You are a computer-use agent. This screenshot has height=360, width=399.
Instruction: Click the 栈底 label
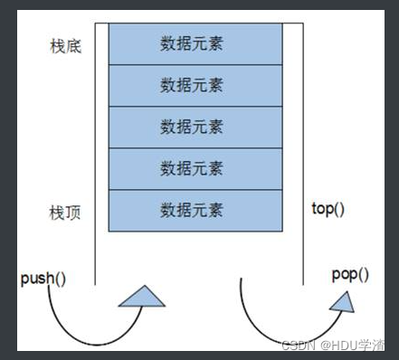point(65,45)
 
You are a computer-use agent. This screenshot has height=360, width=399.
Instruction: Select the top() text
point(330,208)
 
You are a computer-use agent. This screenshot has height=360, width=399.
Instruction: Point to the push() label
point(43,278)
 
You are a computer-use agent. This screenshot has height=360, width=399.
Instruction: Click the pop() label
point(350,274)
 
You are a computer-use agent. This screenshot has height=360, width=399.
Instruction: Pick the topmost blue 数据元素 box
point(192,43)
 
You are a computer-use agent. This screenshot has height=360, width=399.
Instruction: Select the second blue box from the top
point(192,85)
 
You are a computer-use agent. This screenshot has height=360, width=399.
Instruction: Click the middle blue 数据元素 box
point(192,127)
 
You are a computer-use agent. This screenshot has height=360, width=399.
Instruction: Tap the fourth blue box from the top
point(192,168)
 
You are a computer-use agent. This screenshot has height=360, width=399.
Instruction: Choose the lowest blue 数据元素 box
point(192,210)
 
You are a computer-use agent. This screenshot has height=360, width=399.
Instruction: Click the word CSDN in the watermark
point(297,345)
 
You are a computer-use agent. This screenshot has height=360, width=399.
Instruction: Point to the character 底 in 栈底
point(73,45)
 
